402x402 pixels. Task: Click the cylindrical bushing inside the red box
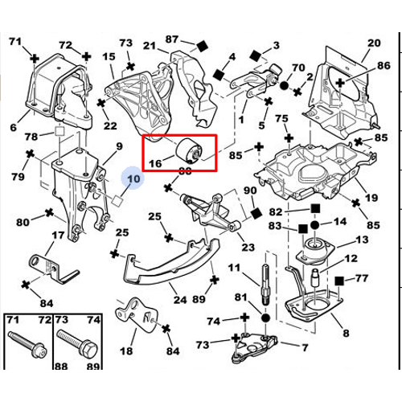tap(192, 150)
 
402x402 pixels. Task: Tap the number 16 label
tap(156, 162)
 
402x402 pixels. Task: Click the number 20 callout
tap(373, 43)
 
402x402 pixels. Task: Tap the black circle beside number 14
tap(314, 222)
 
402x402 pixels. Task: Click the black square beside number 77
tap(341, 280)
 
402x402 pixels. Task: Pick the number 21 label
tap(150, 45)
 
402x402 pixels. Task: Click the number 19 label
tap(371, 198)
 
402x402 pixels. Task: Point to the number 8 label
tap(345, 332)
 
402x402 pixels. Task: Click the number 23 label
tap(248, 248)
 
